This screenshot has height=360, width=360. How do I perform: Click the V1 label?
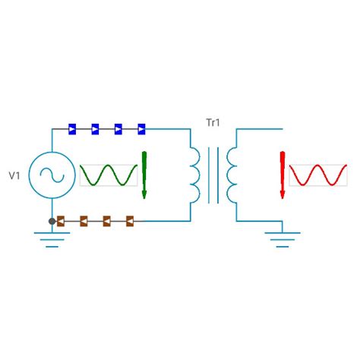click(x=14, y=176)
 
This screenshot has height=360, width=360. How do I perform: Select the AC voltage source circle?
click(x=52, y=175)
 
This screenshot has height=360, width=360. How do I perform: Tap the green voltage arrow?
click(x=144, y=175)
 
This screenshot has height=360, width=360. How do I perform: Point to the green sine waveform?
click(x=108, y=175)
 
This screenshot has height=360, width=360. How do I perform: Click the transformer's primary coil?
click(x=195, y=175)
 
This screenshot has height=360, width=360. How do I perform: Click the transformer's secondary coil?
click(x=231, y=175)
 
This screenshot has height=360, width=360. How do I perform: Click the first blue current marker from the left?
click(x=71, y=129)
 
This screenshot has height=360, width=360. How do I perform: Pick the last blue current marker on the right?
click(x=141, y=129)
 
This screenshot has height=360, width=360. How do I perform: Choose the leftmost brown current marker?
click(x=62, y=221)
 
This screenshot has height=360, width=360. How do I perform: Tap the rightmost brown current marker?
click(x=130, y=221)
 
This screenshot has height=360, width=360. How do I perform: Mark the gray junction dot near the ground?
click(x=52, y=221)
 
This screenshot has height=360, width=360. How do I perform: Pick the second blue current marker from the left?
click(x=95, y=129)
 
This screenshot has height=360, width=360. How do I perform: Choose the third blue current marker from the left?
click(x=118, y=129)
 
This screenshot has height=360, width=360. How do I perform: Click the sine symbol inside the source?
click(x=52, y=175)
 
